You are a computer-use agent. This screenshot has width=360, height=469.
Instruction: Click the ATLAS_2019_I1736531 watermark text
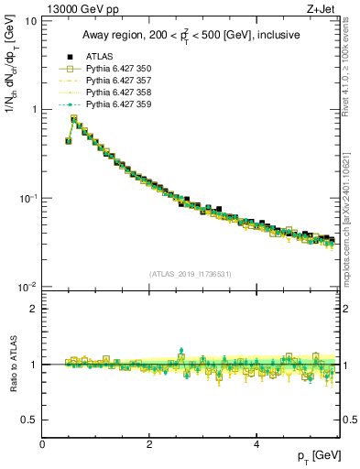pos(191,273)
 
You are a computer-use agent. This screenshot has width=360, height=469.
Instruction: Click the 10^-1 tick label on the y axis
pos(27,198)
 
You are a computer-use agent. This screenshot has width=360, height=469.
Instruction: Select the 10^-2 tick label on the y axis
pos(27,288)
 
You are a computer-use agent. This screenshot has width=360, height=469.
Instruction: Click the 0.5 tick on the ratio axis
pos(28,420)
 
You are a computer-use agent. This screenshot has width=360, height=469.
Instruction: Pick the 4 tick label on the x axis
pos(256,444)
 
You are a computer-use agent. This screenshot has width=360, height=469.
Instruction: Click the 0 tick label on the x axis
pos(42,444)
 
